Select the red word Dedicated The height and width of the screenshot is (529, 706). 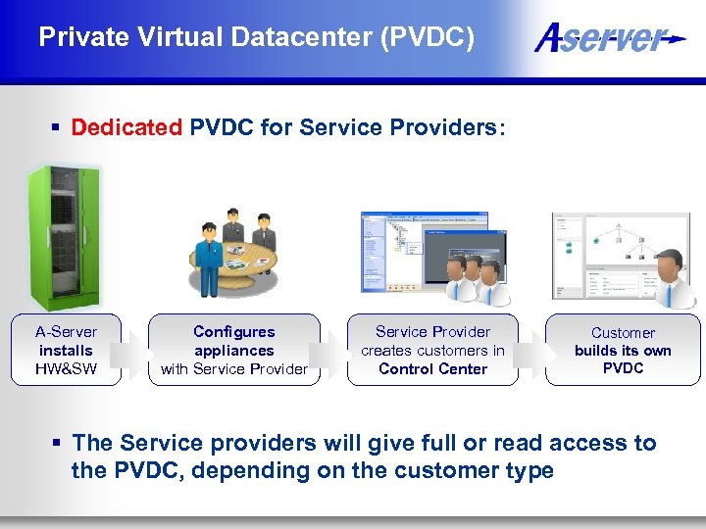coord(126,127)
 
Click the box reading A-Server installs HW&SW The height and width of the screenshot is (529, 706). coord(66,350)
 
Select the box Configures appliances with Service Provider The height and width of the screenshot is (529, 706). coord(234,350)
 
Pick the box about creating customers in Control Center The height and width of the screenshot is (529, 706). coord(432,350)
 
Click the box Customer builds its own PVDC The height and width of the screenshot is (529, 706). coord(623,350)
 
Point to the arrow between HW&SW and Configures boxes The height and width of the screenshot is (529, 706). coord(135,350)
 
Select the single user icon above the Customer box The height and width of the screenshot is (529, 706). coord(670,278)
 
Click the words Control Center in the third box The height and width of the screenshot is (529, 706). coord(432,369)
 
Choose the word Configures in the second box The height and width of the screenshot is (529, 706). coord(234,332)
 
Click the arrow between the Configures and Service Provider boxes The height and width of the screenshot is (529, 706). coord(333,350)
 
